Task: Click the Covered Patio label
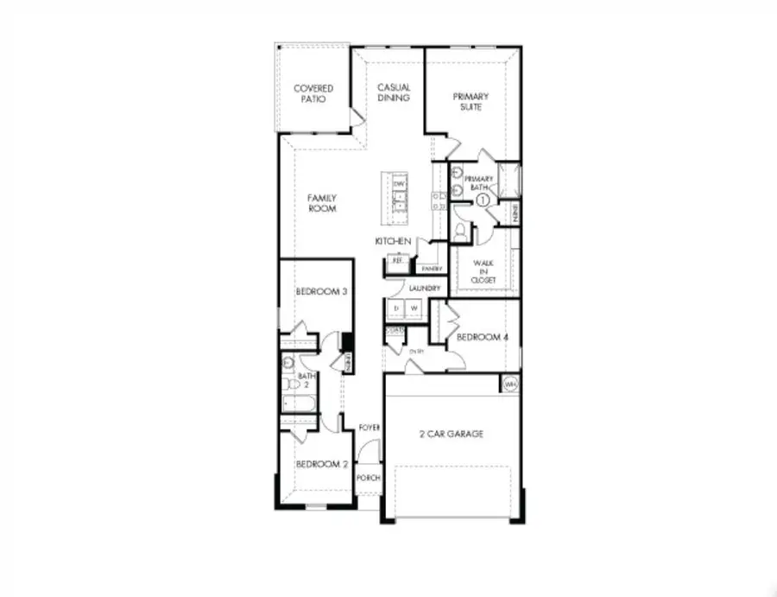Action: click(313, 93)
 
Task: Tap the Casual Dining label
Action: click(394, 92)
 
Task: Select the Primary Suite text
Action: click(471, 101)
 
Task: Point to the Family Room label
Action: click(322, 203)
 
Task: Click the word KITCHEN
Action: click(392, 241)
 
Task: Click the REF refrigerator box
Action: click(397, 259)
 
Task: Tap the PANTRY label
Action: click(432, 269)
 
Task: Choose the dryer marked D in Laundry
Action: click(396, 308)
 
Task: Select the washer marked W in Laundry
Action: click(414, 308)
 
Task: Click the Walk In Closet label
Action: click(483, 271)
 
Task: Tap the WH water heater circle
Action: click(509, 384)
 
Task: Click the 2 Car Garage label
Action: click(452, 434)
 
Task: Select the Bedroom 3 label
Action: click(321, 292)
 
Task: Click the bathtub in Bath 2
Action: click(297, 404)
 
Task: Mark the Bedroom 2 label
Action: click(321, 464)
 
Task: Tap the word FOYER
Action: click(370, 426)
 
